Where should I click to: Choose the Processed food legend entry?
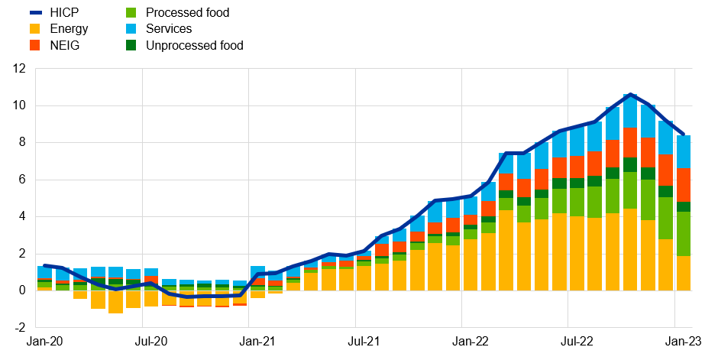pyautogui.click(x=186, y=13)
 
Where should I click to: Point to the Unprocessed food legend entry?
pyautogui.click(x=194, y=45)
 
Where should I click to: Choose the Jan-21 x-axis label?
pyautogui.click(x=257, y=343)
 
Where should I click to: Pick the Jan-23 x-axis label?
pyautogui.click(x=682, y=343)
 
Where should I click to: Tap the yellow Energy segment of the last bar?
pyautogui.click(x=682, y=273)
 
